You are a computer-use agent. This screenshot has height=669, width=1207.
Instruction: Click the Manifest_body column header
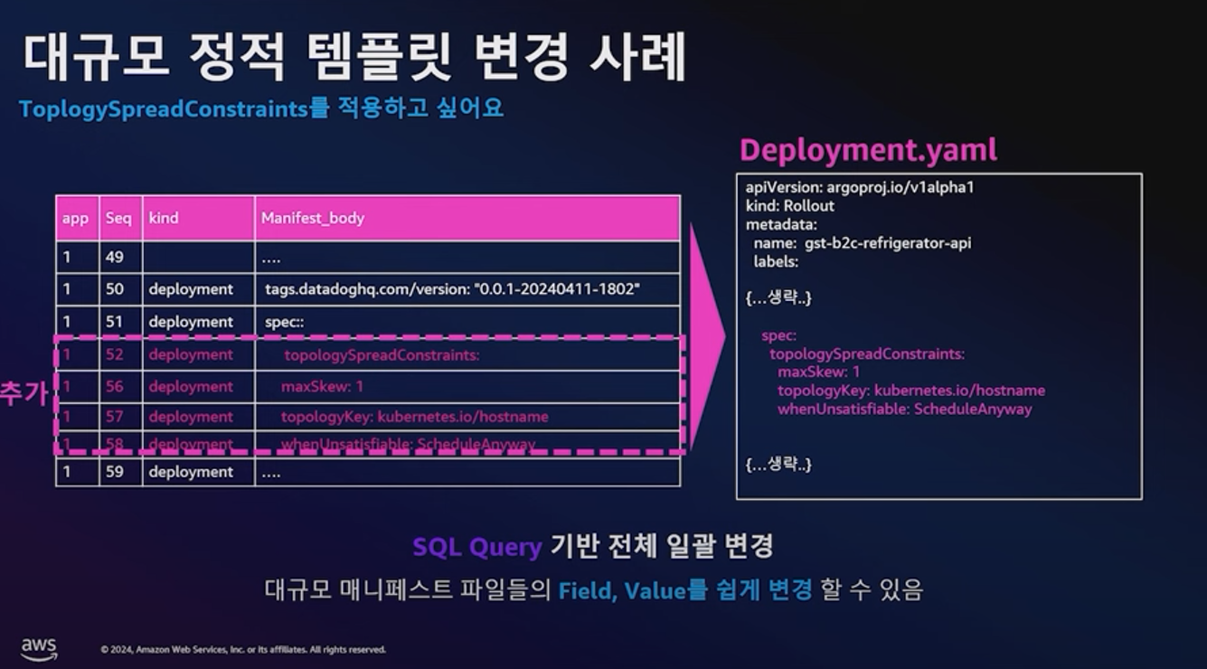[313, 218]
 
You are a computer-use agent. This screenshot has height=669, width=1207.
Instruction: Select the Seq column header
[118, 218]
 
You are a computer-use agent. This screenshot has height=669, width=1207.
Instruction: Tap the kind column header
[164, 218]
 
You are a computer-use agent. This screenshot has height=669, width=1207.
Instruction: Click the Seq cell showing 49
[115, 257]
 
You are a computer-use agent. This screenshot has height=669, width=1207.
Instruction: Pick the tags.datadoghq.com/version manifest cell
[452, 289]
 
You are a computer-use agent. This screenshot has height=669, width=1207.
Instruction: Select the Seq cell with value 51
[115, 322]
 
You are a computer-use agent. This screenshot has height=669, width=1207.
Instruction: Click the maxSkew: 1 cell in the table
[322, 386]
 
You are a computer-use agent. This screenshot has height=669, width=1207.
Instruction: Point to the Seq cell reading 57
[115, 417]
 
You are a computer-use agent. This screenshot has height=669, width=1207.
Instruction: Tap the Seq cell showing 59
[115, 472]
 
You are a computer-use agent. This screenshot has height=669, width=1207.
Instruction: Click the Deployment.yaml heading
[868, 150]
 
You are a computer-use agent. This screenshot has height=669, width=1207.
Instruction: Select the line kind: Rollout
[790, 206]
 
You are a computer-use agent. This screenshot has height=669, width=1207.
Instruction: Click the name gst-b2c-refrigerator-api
[887, 243]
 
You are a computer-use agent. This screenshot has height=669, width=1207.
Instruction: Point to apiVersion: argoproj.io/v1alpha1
[859, 188]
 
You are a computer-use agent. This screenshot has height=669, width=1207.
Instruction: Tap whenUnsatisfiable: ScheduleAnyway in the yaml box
[904, 409]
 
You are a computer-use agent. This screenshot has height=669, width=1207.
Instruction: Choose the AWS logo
[39, 648]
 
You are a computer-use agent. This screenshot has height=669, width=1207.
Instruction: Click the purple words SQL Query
[476, 547]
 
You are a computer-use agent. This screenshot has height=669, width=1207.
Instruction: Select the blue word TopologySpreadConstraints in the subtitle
[164, 109]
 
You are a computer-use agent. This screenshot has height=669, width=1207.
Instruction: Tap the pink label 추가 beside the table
[24, 393]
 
